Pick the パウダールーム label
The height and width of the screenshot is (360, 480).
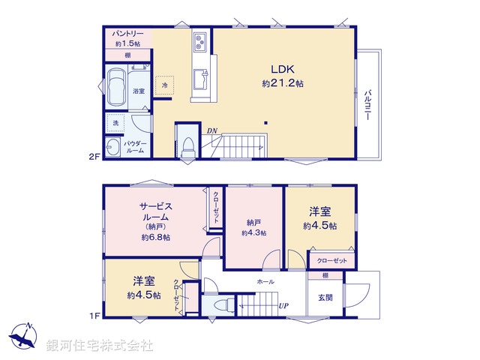136,146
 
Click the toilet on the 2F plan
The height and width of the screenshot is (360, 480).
187,145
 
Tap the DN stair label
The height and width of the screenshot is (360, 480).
212,131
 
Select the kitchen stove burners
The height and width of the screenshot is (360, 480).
200,40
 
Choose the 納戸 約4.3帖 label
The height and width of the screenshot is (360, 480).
253,227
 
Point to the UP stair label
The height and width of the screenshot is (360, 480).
283,306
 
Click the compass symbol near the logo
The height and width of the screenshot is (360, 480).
24,335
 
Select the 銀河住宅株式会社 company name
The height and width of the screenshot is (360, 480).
100,346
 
